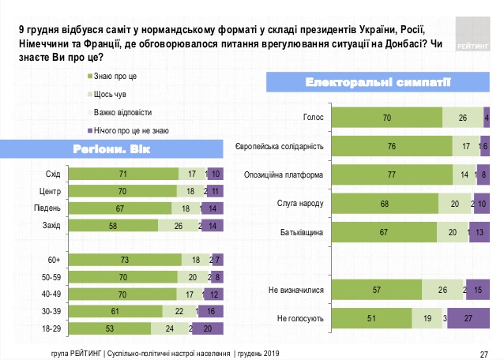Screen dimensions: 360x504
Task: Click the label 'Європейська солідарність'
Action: [x=280, y=147]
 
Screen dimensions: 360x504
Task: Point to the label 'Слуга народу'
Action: [x=301, y=204]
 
